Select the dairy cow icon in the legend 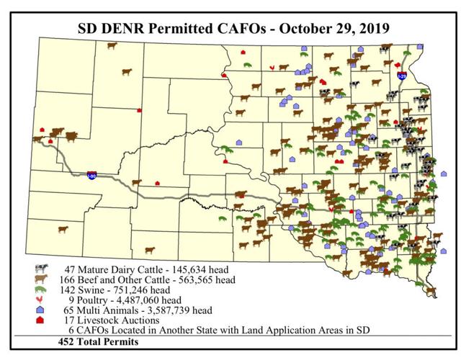click(40, 268)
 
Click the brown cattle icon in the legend click(40, 279)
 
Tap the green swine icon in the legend click(40, 289)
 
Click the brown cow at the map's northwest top click(112, 45)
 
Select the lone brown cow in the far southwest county click(63, 230)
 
